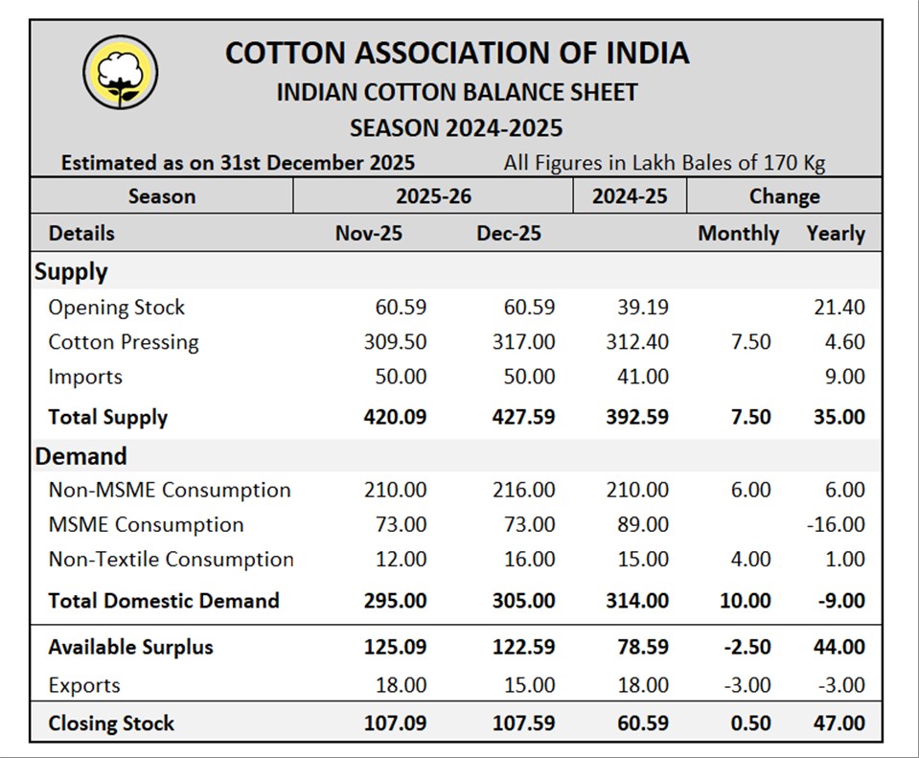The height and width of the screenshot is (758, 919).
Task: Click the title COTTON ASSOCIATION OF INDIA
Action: point(456,53)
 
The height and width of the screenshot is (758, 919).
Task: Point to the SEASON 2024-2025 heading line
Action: point(456,127)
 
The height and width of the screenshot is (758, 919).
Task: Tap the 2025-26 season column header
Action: point(433,196)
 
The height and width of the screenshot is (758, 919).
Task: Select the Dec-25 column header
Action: point(509,234)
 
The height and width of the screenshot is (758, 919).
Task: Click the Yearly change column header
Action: point(836,234)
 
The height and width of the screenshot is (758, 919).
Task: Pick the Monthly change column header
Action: point(738,234)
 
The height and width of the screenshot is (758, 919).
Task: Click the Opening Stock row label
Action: point(116,308)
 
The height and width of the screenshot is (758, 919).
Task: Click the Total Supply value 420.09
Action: point(395,417)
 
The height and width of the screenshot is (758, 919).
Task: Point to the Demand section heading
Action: point(80,456)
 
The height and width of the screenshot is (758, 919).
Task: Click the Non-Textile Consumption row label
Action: point(171,559)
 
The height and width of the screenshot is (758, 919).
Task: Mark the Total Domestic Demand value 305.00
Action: point(523,601)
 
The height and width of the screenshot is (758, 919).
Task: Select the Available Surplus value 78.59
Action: point(637,647)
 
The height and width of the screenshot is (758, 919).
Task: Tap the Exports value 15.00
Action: point(529,685)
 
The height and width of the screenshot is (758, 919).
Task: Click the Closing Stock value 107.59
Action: point(523,723)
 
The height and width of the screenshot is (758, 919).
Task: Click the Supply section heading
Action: point(71,272)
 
